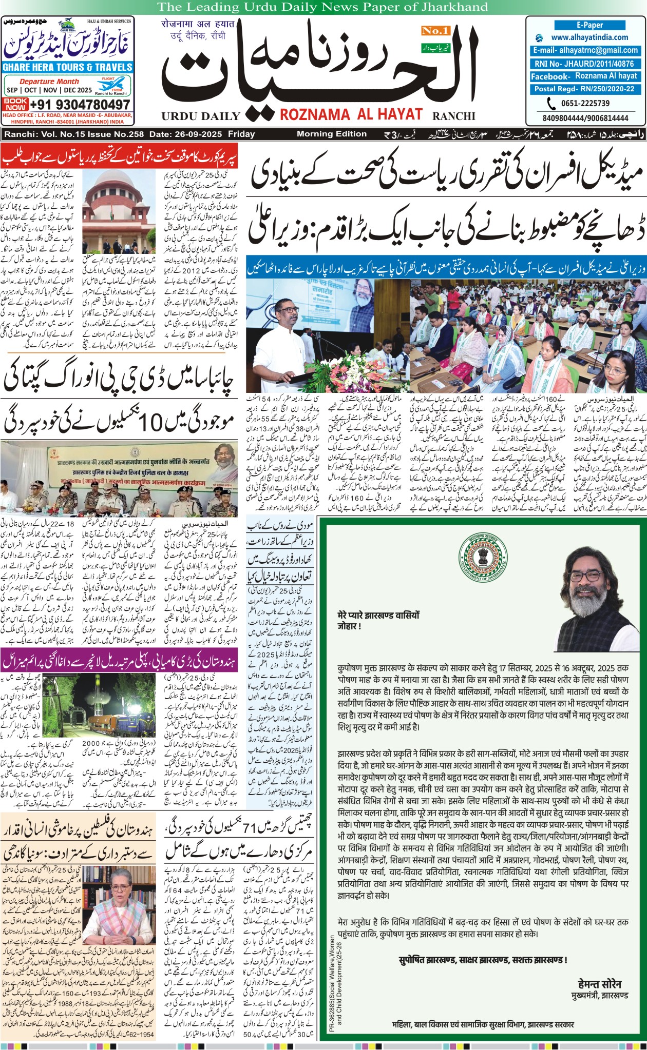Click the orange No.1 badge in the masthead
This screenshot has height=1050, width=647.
[435, 31]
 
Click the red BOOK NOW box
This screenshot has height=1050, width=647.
[15, 104]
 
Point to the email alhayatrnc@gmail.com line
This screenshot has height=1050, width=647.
[585, 50]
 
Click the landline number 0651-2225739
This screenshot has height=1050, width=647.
[584, 103]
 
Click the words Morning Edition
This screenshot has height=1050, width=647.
[332, 134]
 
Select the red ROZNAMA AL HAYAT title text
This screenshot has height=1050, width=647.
[351, 114]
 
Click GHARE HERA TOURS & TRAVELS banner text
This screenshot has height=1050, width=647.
[68, 67]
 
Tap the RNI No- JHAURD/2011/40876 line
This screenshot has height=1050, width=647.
[585, 64]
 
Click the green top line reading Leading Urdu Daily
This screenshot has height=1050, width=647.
[322, 7]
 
